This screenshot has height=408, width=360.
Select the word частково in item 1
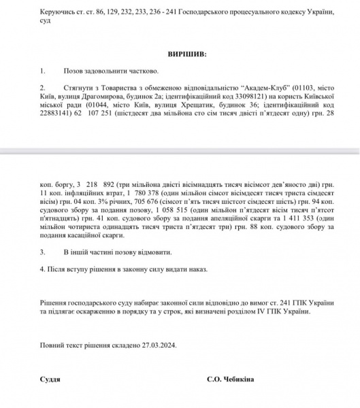pyautogui.click(x=142, y=71)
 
